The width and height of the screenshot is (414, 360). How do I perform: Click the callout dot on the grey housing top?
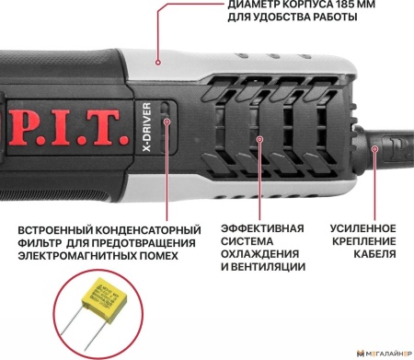pos(158,63)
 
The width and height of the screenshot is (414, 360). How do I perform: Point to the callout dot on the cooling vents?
pos(260,141)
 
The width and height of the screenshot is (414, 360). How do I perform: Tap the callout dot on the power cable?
pos(374,146)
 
